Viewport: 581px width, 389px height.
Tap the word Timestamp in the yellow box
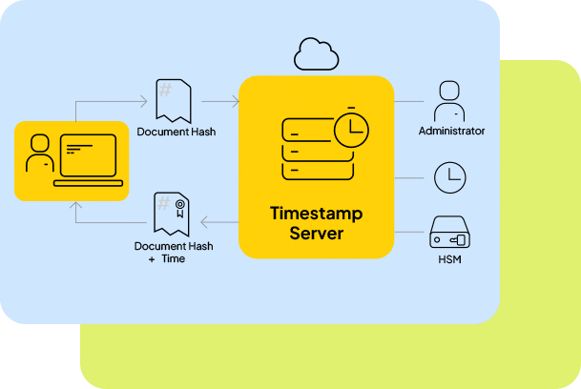coord(316,213)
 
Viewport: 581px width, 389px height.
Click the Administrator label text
coord(451,131)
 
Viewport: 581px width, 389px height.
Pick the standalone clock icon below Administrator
coord(450,177)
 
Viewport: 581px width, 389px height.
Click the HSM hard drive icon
coord(451,232)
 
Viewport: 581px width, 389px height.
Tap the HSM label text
coord(451,259)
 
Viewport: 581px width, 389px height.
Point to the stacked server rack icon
coord(306,150)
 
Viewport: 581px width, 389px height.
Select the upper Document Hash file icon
coord(173,99)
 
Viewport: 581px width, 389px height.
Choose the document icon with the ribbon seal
coord(173,214)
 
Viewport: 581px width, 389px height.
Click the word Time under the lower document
coord(174,258)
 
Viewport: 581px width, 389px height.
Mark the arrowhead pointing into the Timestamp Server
coord(236,99)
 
